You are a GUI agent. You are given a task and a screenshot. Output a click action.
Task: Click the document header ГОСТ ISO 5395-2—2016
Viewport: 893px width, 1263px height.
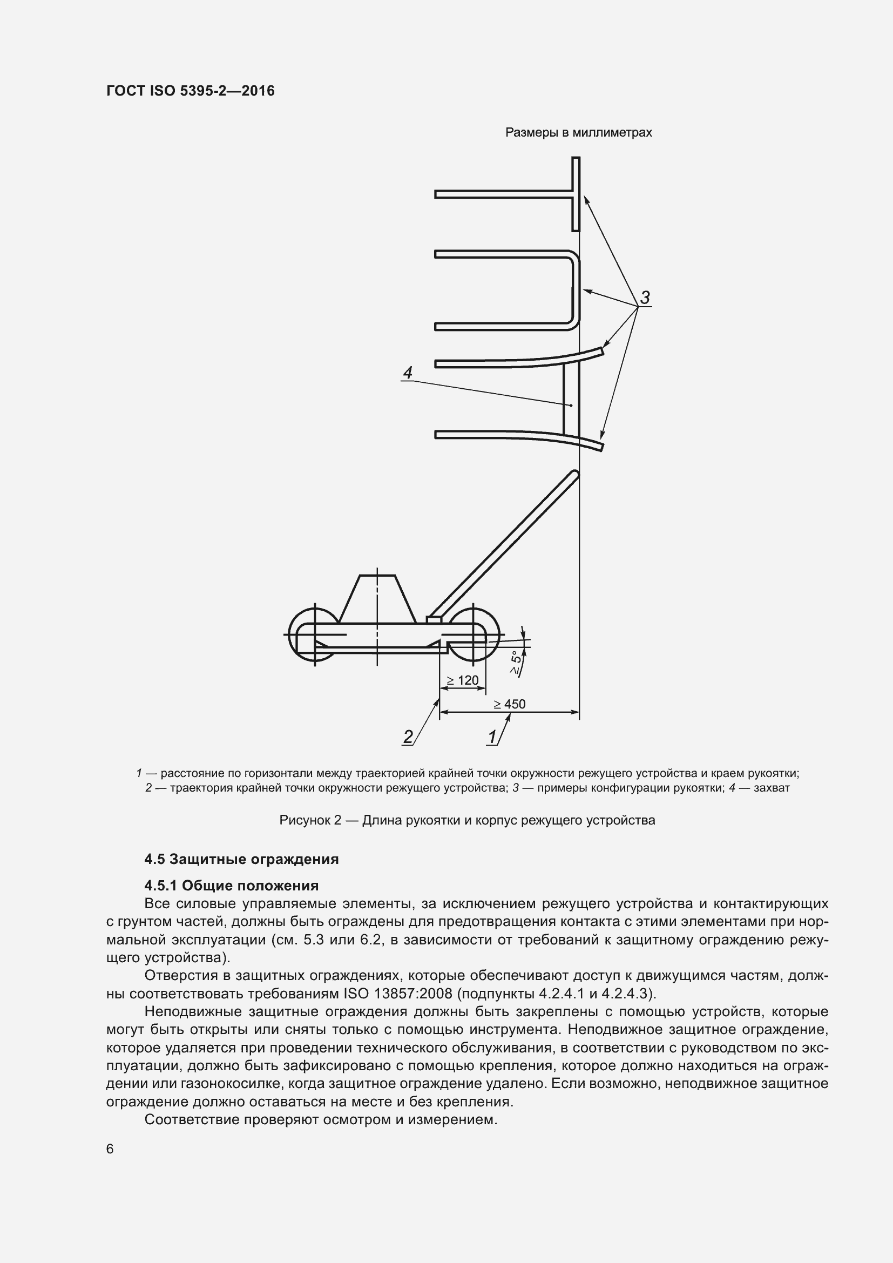coord(190,91)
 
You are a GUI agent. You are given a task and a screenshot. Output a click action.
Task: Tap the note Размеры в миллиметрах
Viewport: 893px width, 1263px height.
coord(578,133)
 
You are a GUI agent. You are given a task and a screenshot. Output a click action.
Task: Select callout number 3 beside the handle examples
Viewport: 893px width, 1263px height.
coord(645,298)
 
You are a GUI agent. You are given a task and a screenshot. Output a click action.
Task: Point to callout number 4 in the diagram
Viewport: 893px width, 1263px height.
coord(408,373)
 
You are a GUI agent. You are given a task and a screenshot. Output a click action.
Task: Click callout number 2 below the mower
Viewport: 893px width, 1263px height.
coord(408,737)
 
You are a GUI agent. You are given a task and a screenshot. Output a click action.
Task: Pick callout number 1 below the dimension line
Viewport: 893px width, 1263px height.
coord(492,737)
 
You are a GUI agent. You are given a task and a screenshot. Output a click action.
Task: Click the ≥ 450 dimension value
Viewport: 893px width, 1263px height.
coord(509,704)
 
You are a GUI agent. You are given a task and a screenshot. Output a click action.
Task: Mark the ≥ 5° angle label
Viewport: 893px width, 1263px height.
coord(516,663)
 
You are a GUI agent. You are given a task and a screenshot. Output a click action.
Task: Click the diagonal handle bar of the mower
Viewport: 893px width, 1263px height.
coord(503,544)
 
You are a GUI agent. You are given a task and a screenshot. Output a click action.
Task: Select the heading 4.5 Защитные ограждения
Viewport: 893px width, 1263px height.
coord(241,859)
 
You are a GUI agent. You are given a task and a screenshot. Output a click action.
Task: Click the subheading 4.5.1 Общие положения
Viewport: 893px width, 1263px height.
coord(232,886)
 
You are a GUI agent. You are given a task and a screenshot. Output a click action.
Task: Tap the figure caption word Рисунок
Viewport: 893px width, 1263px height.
coord(302,821)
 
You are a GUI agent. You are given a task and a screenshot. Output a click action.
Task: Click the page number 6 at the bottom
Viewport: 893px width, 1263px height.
coord(110,1149)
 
